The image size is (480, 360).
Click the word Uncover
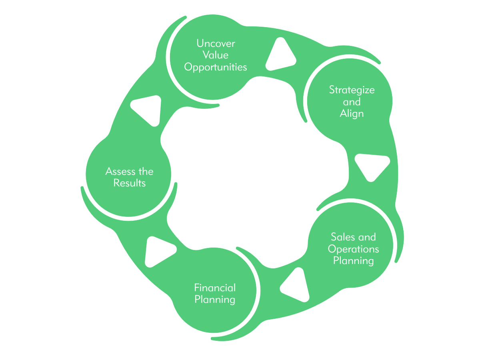click(215, 43)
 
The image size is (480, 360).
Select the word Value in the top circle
click(215, 55)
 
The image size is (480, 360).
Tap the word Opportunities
click(215, 67)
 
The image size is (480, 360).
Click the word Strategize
click(352, 90)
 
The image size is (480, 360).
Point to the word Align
click(352, 114)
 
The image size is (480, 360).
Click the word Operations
click(353, 249)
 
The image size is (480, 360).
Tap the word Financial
click(215, 288)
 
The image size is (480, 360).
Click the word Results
click(129, 183)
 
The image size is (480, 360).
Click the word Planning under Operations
click(353, 261)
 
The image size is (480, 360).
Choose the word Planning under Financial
click(215, 299)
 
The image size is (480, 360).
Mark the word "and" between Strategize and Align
click(352, 102)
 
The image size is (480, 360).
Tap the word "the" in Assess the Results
click(145, 172)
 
